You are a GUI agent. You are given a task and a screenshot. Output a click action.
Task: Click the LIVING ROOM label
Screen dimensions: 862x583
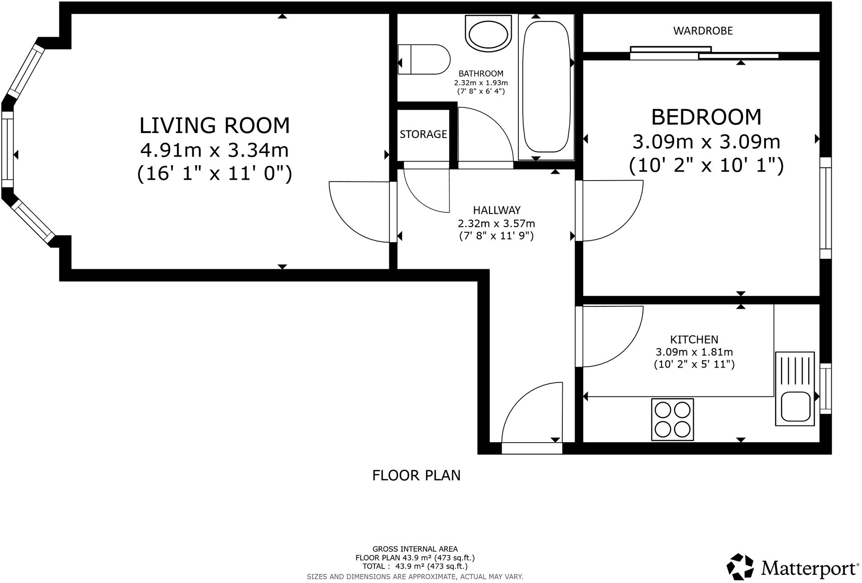coord(215,125)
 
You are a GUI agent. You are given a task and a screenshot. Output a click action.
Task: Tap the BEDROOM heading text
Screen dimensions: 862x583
coord(706,117)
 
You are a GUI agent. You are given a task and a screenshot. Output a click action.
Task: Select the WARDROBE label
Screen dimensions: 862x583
coord(703,31)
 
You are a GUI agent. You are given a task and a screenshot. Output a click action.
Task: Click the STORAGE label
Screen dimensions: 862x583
coord(423,134)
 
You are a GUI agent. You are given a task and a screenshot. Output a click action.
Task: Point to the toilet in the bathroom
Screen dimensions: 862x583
coord(424,59)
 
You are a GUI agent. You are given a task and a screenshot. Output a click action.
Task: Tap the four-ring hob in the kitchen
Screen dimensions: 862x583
coord(672,419)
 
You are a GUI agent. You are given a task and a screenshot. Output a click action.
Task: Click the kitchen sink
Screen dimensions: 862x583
coord(795,389)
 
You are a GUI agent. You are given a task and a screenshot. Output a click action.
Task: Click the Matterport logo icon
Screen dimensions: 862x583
coord(740,566)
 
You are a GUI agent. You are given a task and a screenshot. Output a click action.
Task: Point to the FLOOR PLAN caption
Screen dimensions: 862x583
coord(416,475)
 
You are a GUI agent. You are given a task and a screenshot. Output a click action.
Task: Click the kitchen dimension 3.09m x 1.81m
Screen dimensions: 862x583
coord(694,352)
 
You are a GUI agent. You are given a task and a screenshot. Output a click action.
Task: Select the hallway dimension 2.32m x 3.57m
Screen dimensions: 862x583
coord(496,223)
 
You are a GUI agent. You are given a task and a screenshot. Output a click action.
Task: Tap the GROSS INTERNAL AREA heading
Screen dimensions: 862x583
coord(415,549)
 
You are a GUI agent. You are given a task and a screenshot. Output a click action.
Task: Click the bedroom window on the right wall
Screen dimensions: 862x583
coord(826,208)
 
